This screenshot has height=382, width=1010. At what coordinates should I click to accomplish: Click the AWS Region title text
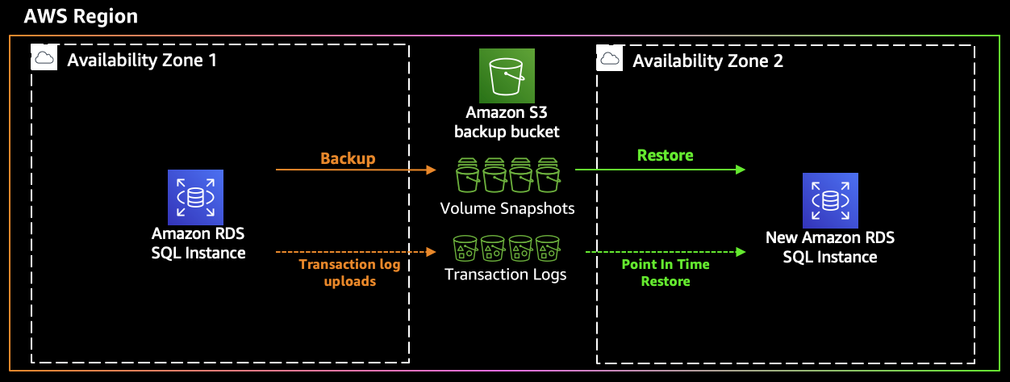tap(81, 16)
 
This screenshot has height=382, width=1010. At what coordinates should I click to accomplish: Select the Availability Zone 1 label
tap(141, 61)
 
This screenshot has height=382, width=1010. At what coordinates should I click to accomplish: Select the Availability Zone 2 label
tap(707, 61)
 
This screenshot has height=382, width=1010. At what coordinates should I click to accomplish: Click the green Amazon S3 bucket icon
tap(506, 75)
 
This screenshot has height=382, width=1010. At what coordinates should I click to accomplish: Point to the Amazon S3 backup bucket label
tap(506, 123)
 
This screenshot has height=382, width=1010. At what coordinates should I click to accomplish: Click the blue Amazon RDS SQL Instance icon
tap(195, 197)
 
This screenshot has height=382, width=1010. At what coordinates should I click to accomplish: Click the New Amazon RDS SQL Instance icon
tap(829, 200)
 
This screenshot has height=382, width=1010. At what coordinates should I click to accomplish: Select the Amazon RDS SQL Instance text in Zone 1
tap(198, 243)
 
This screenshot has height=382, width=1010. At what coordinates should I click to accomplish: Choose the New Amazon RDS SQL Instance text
tap(829, 247)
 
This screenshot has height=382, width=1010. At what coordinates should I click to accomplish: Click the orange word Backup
tap(348, 158)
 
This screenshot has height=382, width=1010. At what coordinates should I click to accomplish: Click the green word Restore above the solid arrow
tap(665, 155)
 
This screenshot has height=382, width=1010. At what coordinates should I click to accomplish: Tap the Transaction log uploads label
tap(349, 272)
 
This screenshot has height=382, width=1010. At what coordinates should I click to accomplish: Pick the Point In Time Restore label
tap(666, 273)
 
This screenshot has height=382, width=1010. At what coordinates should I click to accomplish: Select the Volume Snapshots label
tap(507, 208)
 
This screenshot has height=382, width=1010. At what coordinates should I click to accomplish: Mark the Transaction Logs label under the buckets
tap(506, 275)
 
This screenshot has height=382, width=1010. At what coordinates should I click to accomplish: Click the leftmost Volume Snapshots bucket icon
tap(468, 175)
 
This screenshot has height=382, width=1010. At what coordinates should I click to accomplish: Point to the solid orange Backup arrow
tap(355, 170)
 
